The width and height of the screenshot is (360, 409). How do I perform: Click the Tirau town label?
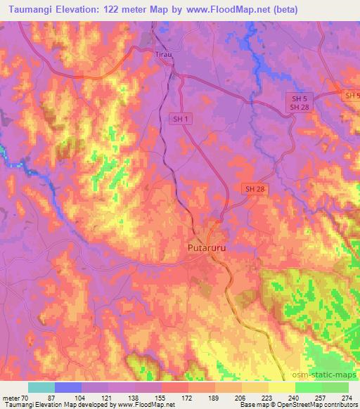click(163, 53)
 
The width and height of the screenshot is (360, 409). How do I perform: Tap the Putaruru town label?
click(210, 248)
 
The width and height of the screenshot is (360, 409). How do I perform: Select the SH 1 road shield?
click(181, 119)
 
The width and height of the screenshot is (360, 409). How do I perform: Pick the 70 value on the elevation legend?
click(27, 397)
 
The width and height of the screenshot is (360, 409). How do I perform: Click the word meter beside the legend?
click(11, 397)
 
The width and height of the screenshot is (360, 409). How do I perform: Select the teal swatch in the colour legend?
click(41, 387)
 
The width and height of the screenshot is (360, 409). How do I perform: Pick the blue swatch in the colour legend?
click(68, 387)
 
